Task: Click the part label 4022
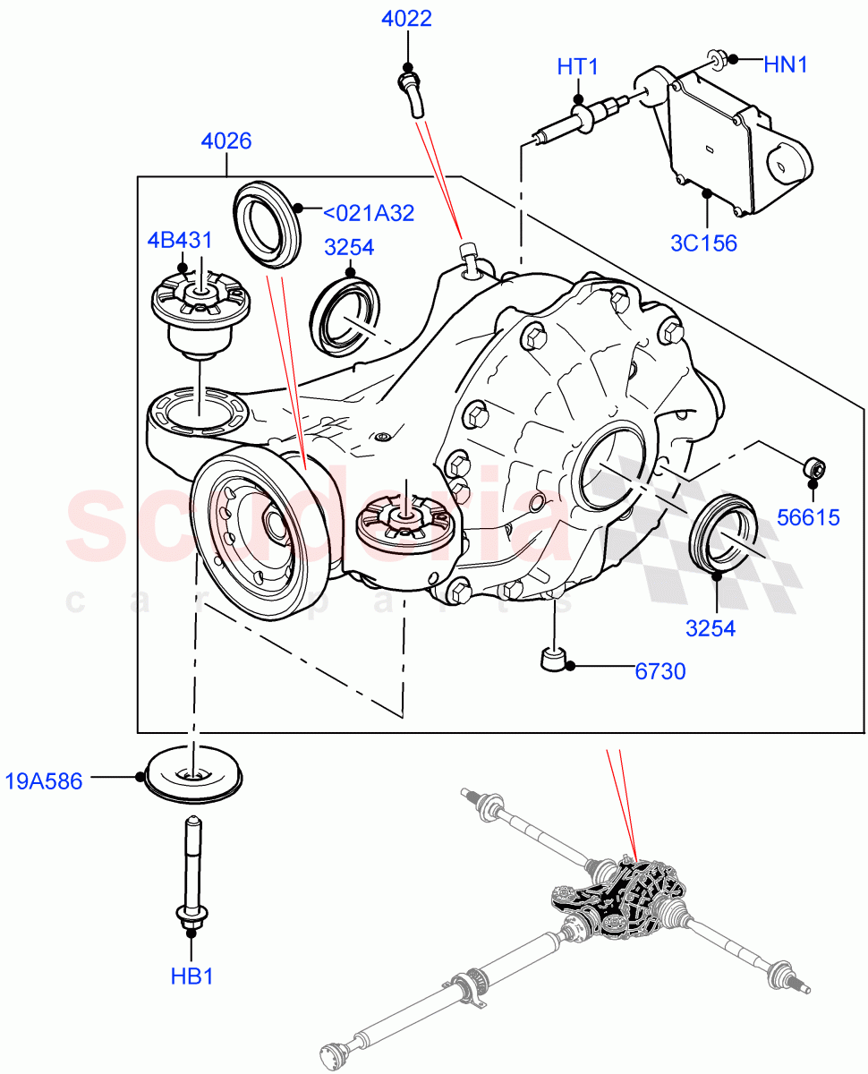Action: [x=407, y=19]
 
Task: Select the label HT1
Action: [x=577, y=68]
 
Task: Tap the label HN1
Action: [x=786, y=64]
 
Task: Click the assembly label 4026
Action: [x=226, y=141]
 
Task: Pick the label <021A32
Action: [x=368, y=212]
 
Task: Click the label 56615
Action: [x=809, y=516]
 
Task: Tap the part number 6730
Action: [x=660, y=669]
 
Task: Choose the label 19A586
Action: [x=43, y=781]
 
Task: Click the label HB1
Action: [x=191, y=975]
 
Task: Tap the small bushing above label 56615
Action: [x=813, y=466]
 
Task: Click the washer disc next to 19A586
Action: [x=193, y=772]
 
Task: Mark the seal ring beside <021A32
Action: [x=268, y=223]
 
